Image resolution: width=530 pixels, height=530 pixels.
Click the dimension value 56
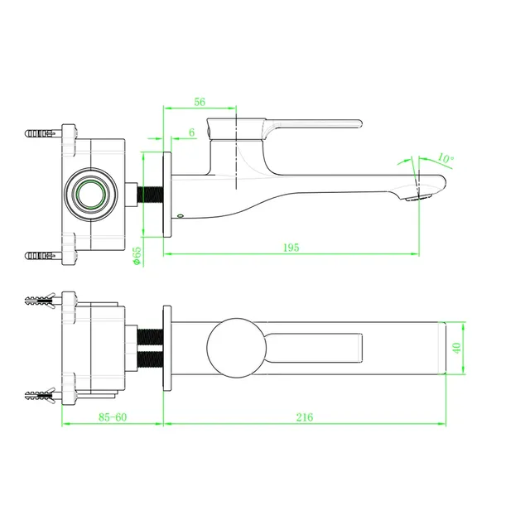point(200,102)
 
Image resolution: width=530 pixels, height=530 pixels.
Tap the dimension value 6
point(191,132)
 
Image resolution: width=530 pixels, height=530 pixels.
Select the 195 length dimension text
point(291,248)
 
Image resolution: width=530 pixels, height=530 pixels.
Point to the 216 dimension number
point(305,417)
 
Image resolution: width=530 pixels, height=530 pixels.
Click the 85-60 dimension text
point(113,417)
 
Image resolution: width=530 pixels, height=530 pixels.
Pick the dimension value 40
point(456,348)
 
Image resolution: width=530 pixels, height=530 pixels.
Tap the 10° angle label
point(446,158)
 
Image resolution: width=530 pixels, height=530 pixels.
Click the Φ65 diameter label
point(137,256)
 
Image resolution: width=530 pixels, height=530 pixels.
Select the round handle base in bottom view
point(236,348)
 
